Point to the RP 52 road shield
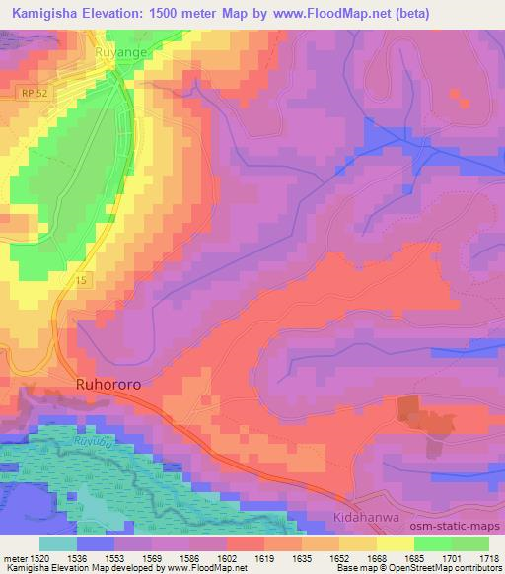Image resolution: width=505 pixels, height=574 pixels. pos(31,93)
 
